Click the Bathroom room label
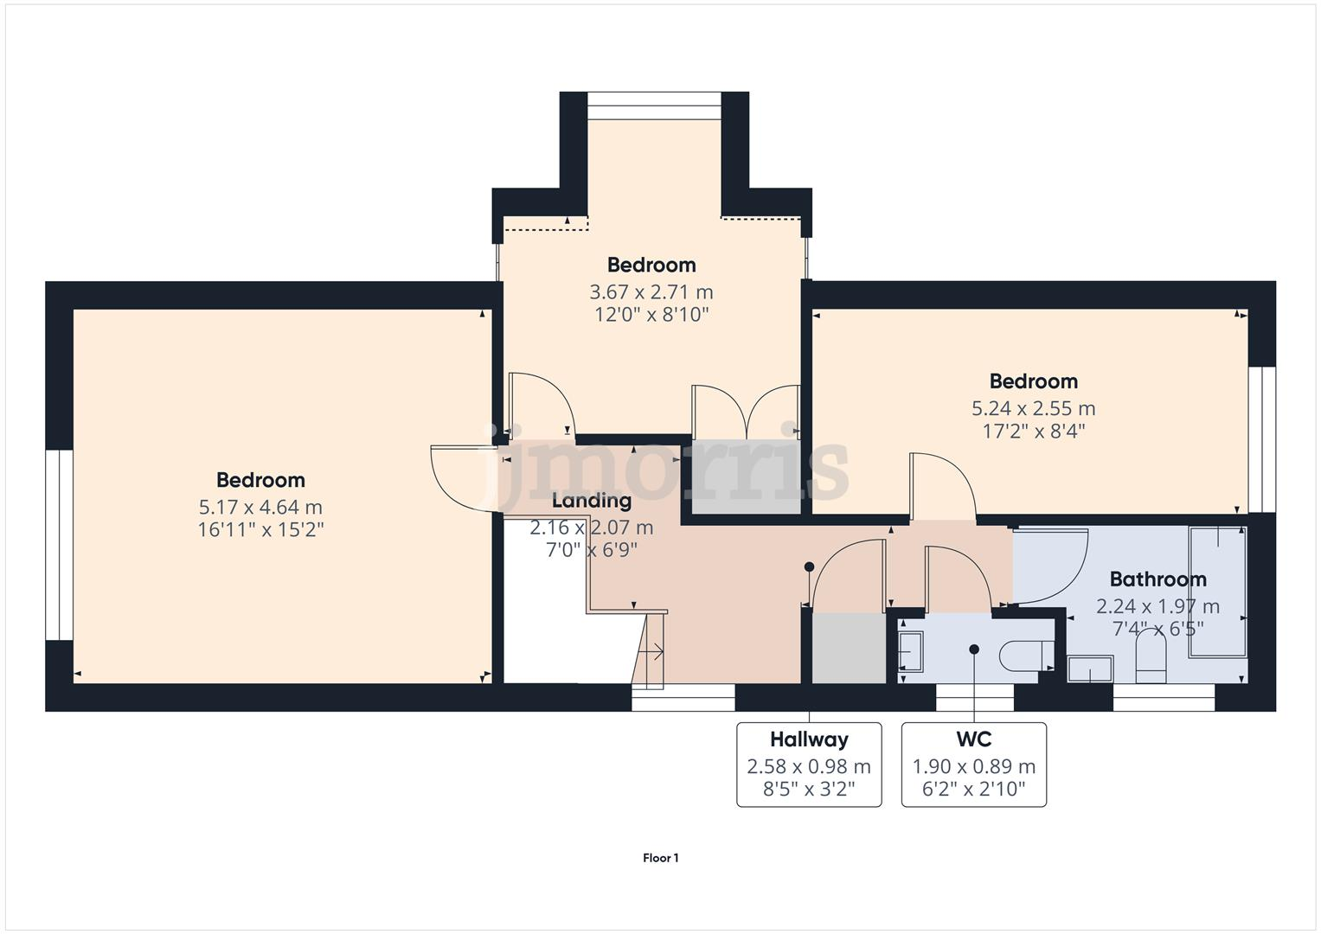(x=1157, y=579)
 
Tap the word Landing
(x=592, y=500)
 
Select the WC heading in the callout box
(x=973, y=739)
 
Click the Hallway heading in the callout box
(x=809, y=739)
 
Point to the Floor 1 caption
(x=660, y=858)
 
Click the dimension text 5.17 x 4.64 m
(x=260, y=507)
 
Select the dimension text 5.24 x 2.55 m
(x=1033, y=408)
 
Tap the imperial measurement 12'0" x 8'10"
(x=651, y=314)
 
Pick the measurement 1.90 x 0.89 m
(x=973, y=766)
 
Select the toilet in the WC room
(x=1026, y=656)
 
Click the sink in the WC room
(x=911, y=650)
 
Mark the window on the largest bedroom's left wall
(x=59, y=544)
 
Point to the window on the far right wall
(x=1261, y=439)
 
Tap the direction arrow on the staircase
(x=655, y=652)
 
